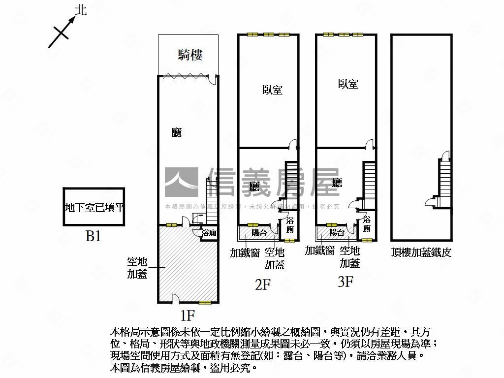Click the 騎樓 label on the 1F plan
tap(190, 55)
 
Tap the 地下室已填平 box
tap(94, 207)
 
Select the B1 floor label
tap(93, 237)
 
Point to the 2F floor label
tap(263, 284)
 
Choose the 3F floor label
tap(346, 282)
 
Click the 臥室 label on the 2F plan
tap(272, 90)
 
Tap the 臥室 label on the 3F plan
tap(348, 84)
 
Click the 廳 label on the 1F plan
tap(176, 132)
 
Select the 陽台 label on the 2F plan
tap(259, 233)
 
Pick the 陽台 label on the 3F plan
tap(337, 232)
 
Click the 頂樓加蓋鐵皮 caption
tap(421, 252)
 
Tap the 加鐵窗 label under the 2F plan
tap(245, 252)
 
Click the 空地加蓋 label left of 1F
tap(137, 268)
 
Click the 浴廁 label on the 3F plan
tap(367, 224)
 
